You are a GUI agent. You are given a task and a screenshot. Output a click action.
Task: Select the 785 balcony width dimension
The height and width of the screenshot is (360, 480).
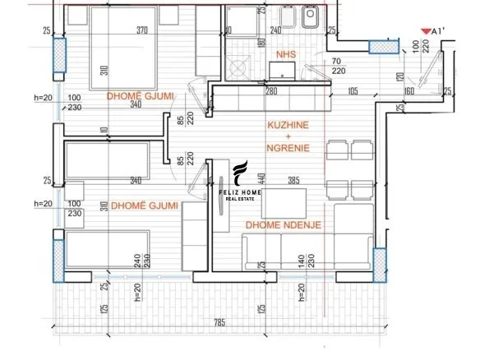click(x=219, y=322)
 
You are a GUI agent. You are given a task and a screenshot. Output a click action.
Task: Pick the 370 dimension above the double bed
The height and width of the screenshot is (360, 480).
click(x=141, y=31)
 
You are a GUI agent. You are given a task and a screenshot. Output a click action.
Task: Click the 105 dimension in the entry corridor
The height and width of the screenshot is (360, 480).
click(x=354, y=91)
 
